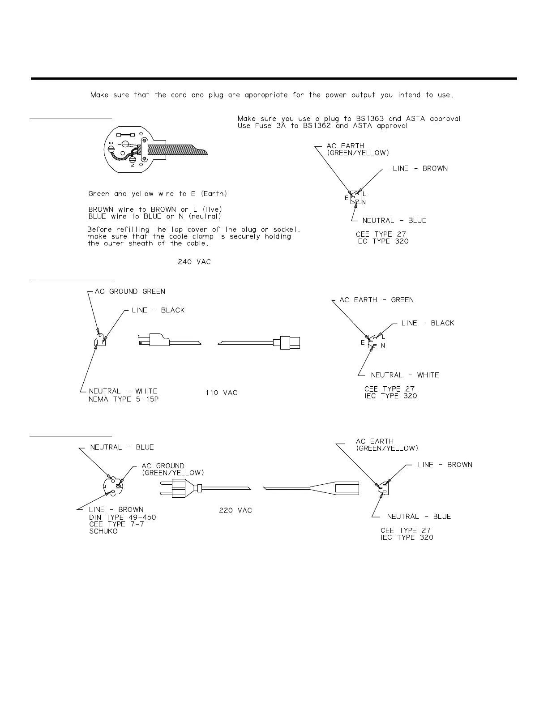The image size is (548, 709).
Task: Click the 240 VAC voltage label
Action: pyautogui.click(x=194, y=262)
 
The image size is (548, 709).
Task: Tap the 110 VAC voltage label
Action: pyautogui.click(x=222, y=393)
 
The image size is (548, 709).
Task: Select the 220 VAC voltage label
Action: pyautogui.click(x=235, y=511)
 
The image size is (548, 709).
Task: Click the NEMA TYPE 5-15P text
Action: pyautogui.click(x=124, y=399)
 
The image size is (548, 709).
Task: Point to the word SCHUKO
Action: pyautogui.click(x=103, y=531)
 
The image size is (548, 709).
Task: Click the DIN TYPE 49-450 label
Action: pyautogui.click(x=123, y=517)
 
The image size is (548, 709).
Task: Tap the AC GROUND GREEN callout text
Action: pyautogui.click(x=130, y=292)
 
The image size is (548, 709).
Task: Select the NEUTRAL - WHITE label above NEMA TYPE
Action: pyautogui.click(x=123, y=391)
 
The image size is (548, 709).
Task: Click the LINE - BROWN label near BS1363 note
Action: pyautogui.click(x=420, y=169)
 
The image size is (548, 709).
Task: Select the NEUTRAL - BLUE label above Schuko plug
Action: pyautogui.click(x=122, y=448)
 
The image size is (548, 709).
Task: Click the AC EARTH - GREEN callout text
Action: pyautogui.click(x=377, y=300)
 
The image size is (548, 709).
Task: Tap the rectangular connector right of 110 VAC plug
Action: pyautogui.click(x=290, y=342)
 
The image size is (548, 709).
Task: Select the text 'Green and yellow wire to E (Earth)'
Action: pyautogui.click(x=158, y=194)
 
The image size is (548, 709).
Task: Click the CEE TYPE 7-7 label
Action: pyautogui.click(x=117, y=524)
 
